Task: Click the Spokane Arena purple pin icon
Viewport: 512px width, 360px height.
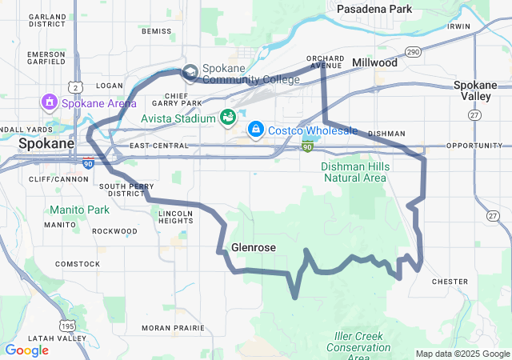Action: [x=50, y=102]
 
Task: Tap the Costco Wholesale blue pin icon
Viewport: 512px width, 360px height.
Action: [x=255, y=129]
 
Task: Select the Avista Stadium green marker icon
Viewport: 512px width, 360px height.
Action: [x=228, y=118]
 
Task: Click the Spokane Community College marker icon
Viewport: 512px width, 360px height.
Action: [x=190, y=74]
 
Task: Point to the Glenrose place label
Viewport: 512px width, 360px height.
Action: [x=253, y=248]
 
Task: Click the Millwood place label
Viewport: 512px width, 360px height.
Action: [x=374, y=62]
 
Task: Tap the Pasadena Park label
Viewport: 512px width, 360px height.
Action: [x=374, y=9]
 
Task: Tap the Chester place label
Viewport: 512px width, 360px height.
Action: [x=450, y=282]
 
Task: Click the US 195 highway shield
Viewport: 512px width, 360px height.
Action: [x=68, y=326]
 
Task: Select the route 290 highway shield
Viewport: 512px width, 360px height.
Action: [x=413, y=52]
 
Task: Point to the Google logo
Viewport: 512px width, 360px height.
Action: [x=26, y=350]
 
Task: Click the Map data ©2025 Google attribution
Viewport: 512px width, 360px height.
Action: [x=462, y=354]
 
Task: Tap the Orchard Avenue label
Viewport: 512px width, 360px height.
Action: [x=325, y=62]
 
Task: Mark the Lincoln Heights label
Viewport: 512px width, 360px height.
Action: [x=176, y=218]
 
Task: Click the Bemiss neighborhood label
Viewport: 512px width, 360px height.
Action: [x=156, y=31]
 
